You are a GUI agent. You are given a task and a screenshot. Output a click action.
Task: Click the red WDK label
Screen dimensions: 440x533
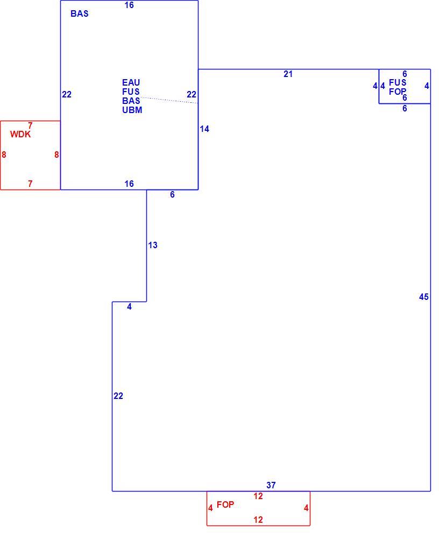[x=20, y=134]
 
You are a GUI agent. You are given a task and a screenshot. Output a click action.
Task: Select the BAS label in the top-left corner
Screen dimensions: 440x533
[x=80, y=13]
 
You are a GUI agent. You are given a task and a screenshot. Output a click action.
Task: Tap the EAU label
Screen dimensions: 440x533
[x=131, y=82]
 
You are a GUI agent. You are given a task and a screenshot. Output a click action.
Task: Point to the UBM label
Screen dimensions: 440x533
[x=132, y=110]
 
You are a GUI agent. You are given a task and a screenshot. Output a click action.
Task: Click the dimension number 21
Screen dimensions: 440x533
[x=288, y=74]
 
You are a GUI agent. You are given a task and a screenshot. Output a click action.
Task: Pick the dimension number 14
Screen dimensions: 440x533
[x=204, y=129]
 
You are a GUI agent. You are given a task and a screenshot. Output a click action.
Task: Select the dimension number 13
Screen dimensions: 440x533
[x=153, y=245]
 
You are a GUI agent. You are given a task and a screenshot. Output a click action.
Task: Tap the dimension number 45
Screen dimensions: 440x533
[x=424, y=297]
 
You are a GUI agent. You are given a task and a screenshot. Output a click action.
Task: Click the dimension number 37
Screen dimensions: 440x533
[x=271, y=486]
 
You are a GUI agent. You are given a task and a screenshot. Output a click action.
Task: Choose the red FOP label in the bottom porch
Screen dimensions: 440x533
[x=225, y=505]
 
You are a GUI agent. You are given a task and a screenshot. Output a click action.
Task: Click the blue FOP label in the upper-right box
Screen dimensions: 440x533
[x=398, y=92]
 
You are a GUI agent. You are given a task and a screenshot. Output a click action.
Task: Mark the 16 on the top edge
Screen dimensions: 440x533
[x=129, y=5]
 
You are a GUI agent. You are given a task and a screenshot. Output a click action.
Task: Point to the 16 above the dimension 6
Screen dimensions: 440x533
[x=129, y=184]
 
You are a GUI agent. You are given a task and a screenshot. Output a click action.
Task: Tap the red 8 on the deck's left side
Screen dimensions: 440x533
[x=4, y=155]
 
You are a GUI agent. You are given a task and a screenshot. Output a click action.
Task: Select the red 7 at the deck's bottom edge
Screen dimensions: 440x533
[x=30, y=184]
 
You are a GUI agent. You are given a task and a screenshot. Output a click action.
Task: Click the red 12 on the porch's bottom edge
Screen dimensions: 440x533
[x=258, y=520]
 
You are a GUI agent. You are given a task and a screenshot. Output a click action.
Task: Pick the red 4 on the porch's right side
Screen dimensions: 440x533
[x=306, y=508]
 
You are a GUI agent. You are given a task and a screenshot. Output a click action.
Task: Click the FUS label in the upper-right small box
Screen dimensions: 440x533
[x=398, y=82]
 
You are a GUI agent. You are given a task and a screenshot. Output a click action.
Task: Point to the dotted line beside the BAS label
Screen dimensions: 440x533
[x=169, y=100]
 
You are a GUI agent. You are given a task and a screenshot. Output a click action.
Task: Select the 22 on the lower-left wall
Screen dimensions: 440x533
[x=118, y=396]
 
